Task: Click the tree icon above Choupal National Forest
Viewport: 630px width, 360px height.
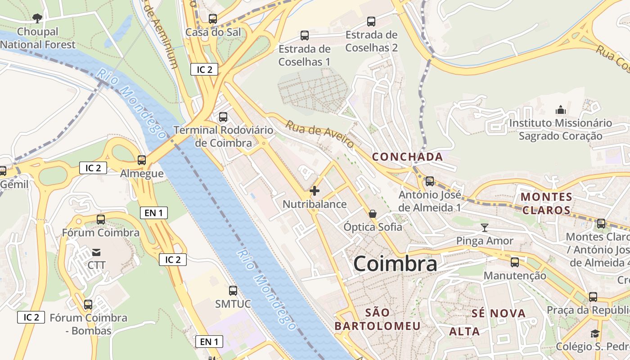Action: tap(37, 18)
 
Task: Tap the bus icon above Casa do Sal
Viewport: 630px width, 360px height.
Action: tap(213, 19)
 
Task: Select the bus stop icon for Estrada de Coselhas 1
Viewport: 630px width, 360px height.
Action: tap(305, 36)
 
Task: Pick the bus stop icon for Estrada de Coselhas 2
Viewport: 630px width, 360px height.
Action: tap(371, 21)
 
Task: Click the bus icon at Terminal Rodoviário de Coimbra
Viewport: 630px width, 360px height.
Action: tap(223, 117)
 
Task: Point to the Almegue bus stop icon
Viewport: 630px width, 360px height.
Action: tap(142, 160)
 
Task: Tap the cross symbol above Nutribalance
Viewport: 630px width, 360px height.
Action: tap(315, 191)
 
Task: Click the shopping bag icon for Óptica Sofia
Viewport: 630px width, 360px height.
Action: tap(373, 214)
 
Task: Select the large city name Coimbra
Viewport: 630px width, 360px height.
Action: tap(395, 264)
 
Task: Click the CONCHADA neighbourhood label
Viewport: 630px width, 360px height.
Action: tap(408, 157)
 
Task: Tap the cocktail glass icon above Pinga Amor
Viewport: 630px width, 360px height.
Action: tap(485, 227)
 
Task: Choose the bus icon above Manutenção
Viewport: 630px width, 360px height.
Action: tap(515, 262)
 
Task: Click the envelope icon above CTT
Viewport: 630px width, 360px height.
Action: tap(96, 252)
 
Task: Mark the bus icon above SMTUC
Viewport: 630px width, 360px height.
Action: tap(233, 291)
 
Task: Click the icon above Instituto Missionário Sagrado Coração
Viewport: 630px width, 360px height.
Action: tap(561, 109)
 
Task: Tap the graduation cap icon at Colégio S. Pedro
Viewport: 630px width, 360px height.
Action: tap(595, 333)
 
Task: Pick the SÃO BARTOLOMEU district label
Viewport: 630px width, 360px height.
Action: tap(378, 319)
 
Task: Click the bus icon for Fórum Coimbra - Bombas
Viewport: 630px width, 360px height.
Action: tap(88, 305)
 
